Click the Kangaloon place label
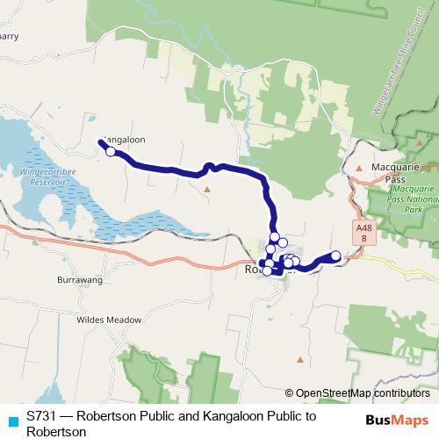[x=124, y=139]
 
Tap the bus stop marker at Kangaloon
[x=111, y=151]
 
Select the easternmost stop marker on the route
[x=335, y=255]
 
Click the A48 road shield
[x=365, y=233]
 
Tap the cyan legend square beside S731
[x=11, y=419]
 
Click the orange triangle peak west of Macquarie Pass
[x=359, y=167]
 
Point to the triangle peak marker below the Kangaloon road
[x=207, y=188]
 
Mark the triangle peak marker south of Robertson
[x=300, y=359]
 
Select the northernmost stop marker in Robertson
[x=275, y=237]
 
